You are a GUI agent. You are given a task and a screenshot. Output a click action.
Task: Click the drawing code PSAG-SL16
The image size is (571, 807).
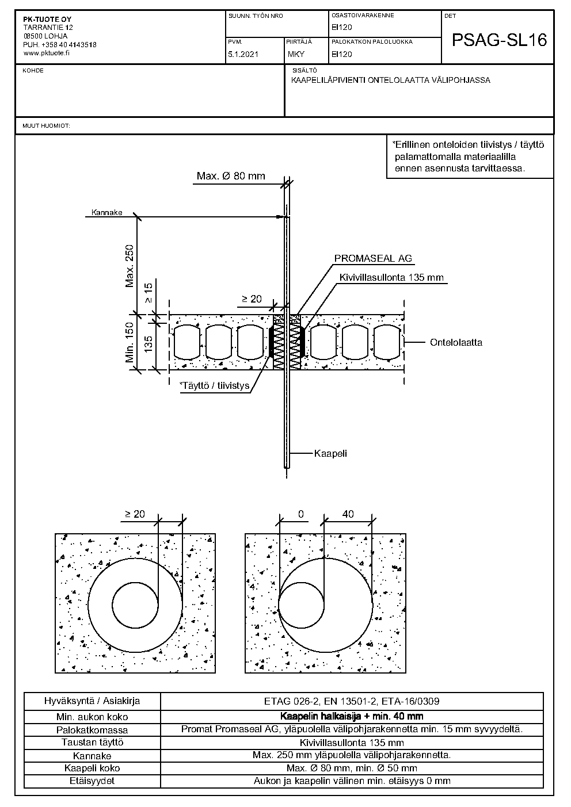tap(498, 40)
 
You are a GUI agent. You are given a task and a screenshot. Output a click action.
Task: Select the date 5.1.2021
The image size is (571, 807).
tap(243, 55)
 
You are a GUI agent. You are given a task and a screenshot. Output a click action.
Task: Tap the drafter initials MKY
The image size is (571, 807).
tap(296, 55)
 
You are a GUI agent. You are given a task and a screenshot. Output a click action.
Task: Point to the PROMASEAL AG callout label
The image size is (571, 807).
tap(373, 259)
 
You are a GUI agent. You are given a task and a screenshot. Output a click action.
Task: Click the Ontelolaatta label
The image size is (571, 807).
tap(456, 342)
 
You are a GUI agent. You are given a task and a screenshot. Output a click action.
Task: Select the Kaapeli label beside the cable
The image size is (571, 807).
tap(330, 453)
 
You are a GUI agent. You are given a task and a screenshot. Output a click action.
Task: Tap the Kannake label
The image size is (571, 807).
tap(107, 213)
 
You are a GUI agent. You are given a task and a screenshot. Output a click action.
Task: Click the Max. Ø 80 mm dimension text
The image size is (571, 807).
tap(231, 176)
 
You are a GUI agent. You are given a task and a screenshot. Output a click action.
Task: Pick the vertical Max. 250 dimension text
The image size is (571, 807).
tap(130, 266)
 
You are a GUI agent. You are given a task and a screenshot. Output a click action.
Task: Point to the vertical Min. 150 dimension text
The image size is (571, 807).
tap(130, 342)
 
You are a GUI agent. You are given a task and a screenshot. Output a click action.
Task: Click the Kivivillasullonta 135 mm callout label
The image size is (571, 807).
tap(391, 278)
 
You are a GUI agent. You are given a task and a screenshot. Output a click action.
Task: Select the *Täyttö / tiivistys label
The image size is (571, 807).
tap(215, 385)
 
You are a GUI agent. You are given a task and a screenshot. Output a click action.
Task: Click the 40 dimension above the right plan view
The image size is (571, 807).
tap(348, 514)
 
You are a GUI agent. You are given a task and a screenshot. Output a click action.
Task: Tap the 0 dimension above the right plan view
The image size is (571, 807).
tap(300, 514)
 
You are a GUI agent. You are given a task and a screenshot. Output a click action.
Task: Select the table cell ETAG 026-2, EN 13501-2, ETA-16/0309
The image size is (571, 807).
tap(351, 701)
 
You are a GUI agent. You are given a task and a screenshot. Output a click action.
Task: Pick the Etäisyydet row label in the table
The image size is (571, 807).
tap(92, 781)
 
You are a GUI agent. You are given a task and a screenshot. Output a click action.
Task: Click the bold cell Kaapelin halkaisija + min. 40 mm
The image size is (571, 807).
tap(351, 716)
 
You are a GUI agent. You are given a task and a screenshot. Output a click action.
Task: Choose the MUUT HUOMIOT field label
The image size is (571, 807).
tap(46, 125)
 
